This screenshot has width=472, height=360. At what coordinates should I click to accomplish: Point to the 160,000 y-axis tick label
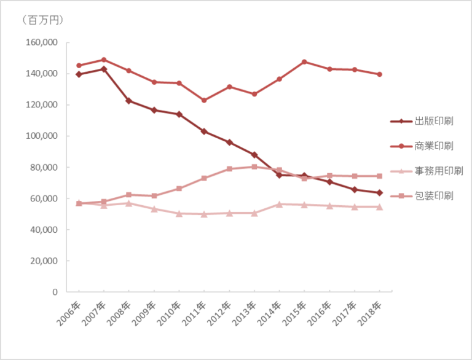pos(41,43)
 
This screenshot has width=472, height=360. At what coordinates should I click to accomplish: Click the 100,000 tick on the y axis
pos(41,136)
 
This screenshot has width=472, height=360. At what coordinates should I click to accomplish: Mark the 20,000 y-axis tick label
pos(43,261)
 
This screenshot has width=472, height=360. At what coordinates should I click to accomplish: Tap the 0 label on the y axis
pos(54,292)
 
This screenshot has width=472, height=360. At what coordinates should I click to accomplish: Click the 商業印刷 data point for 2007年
pos(104,60)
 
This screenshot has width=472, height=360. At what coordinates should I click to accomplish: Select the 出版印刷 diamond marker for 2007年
pos(104,69)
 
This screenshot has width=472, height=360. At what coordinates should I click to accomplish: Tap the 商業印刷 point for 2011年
pos(204,100)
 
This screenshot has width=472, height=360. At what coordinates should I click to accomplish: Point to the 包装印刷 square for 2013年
pos(254,166)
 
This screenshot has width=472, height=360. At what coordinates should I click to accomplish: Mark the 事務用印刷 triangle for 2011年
pos(204,214)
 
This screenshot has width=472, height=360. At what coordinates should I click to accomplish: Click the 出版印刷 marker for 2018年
pos(380,193)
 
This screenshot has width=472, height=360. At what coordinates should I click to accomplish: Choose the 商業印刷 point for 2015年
pos(304,62)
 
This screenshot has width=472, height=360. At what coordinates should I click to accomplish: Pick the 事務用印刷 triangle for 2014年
pos(280,204)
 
